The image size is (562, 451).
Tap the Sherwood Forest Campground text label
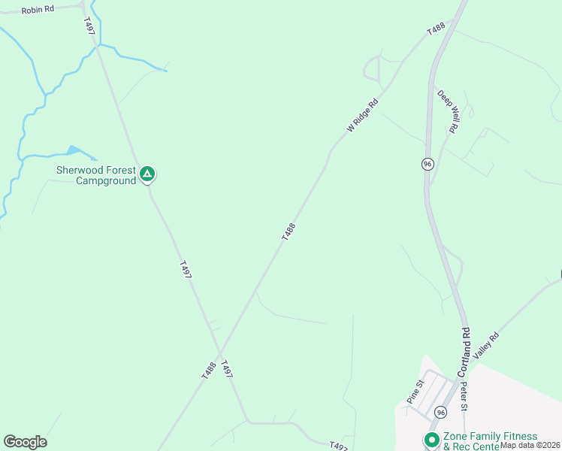coord(96,175)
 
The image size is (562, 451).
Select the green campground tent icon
coord(148,175)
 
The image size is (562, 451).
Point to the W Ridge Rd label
coord(362,116)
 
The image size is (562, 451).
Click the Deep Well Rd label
coord(448,112)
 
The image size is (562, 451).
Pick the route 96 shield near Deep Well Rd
coord(427,164)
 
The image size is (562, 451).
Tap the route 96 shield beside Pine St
coord(440,412)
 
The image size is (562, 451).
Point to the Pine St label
coord(415,392)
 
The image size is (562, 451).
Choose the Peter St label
coord(464,397)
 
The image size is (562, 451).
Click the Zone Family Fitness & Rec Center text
coord(490,441)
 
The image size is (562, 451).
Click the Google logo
coord(25,442)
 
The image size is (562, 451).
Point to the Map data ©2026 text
coord(530,445)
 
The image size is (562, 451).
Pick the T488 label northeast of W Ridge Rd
coord(436,30)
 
